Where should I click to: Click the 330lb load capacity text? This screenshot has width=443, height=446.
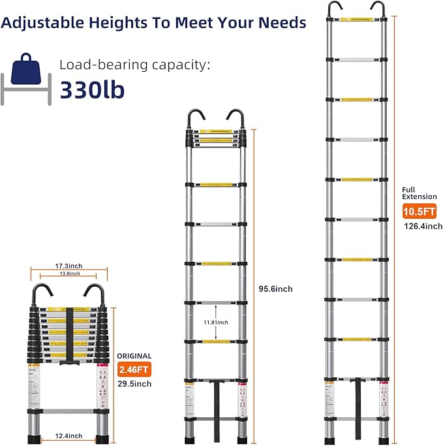pyautogui.click(x=93, y=89)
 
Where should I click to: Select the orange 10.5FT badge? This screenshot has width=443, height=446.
pyautogui.click(x=418, y=212)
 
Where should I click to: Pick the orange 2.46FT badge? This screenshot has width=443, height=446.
pyautogui.click(x=135, y=370)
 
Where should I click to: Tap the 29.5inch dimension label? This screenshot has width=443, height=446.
pyautogui.click(x=135, y=384)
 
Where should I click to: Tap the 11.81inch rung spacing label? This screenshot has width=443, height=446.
pyautogui.click(x=215, y=322)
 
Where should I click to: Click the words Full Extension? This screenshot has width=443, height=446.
pyautogui.click(x=419, y=193)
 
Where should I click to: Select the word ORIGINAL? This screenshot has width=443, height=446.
pyautogui.click(x=134, y=357)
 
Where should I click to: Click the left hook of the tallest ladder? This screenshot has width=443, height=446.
pyautogui.click(x=334, y=8)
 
